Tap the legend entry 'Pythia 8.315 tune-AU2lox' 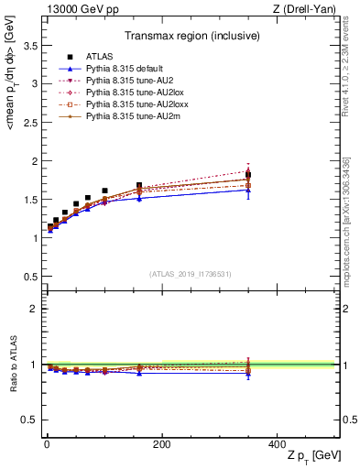click(x=125, y=93)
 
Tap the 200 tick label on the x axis click(x=161, y=444)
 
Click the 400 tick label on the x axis click(x=277, y=444)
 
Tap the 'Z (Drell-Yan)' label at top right click(x=309, y=8)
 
